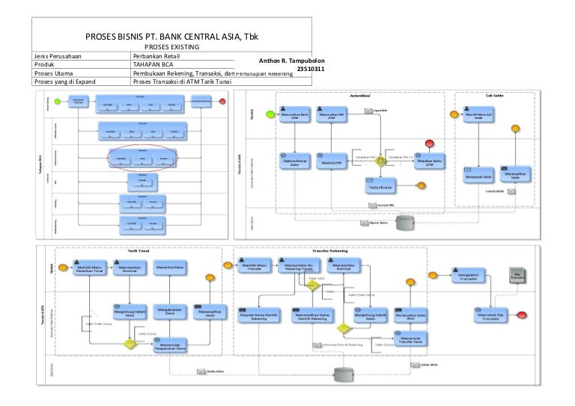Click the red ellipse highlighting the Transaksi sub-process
(142, 159)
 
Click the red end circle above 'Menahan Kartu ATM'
(429, 143)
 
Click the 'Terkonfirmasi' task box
(380, 188)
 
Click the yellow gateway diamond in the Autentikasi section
(380, 159)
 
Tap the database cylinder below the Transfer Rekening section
(346, 373)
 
